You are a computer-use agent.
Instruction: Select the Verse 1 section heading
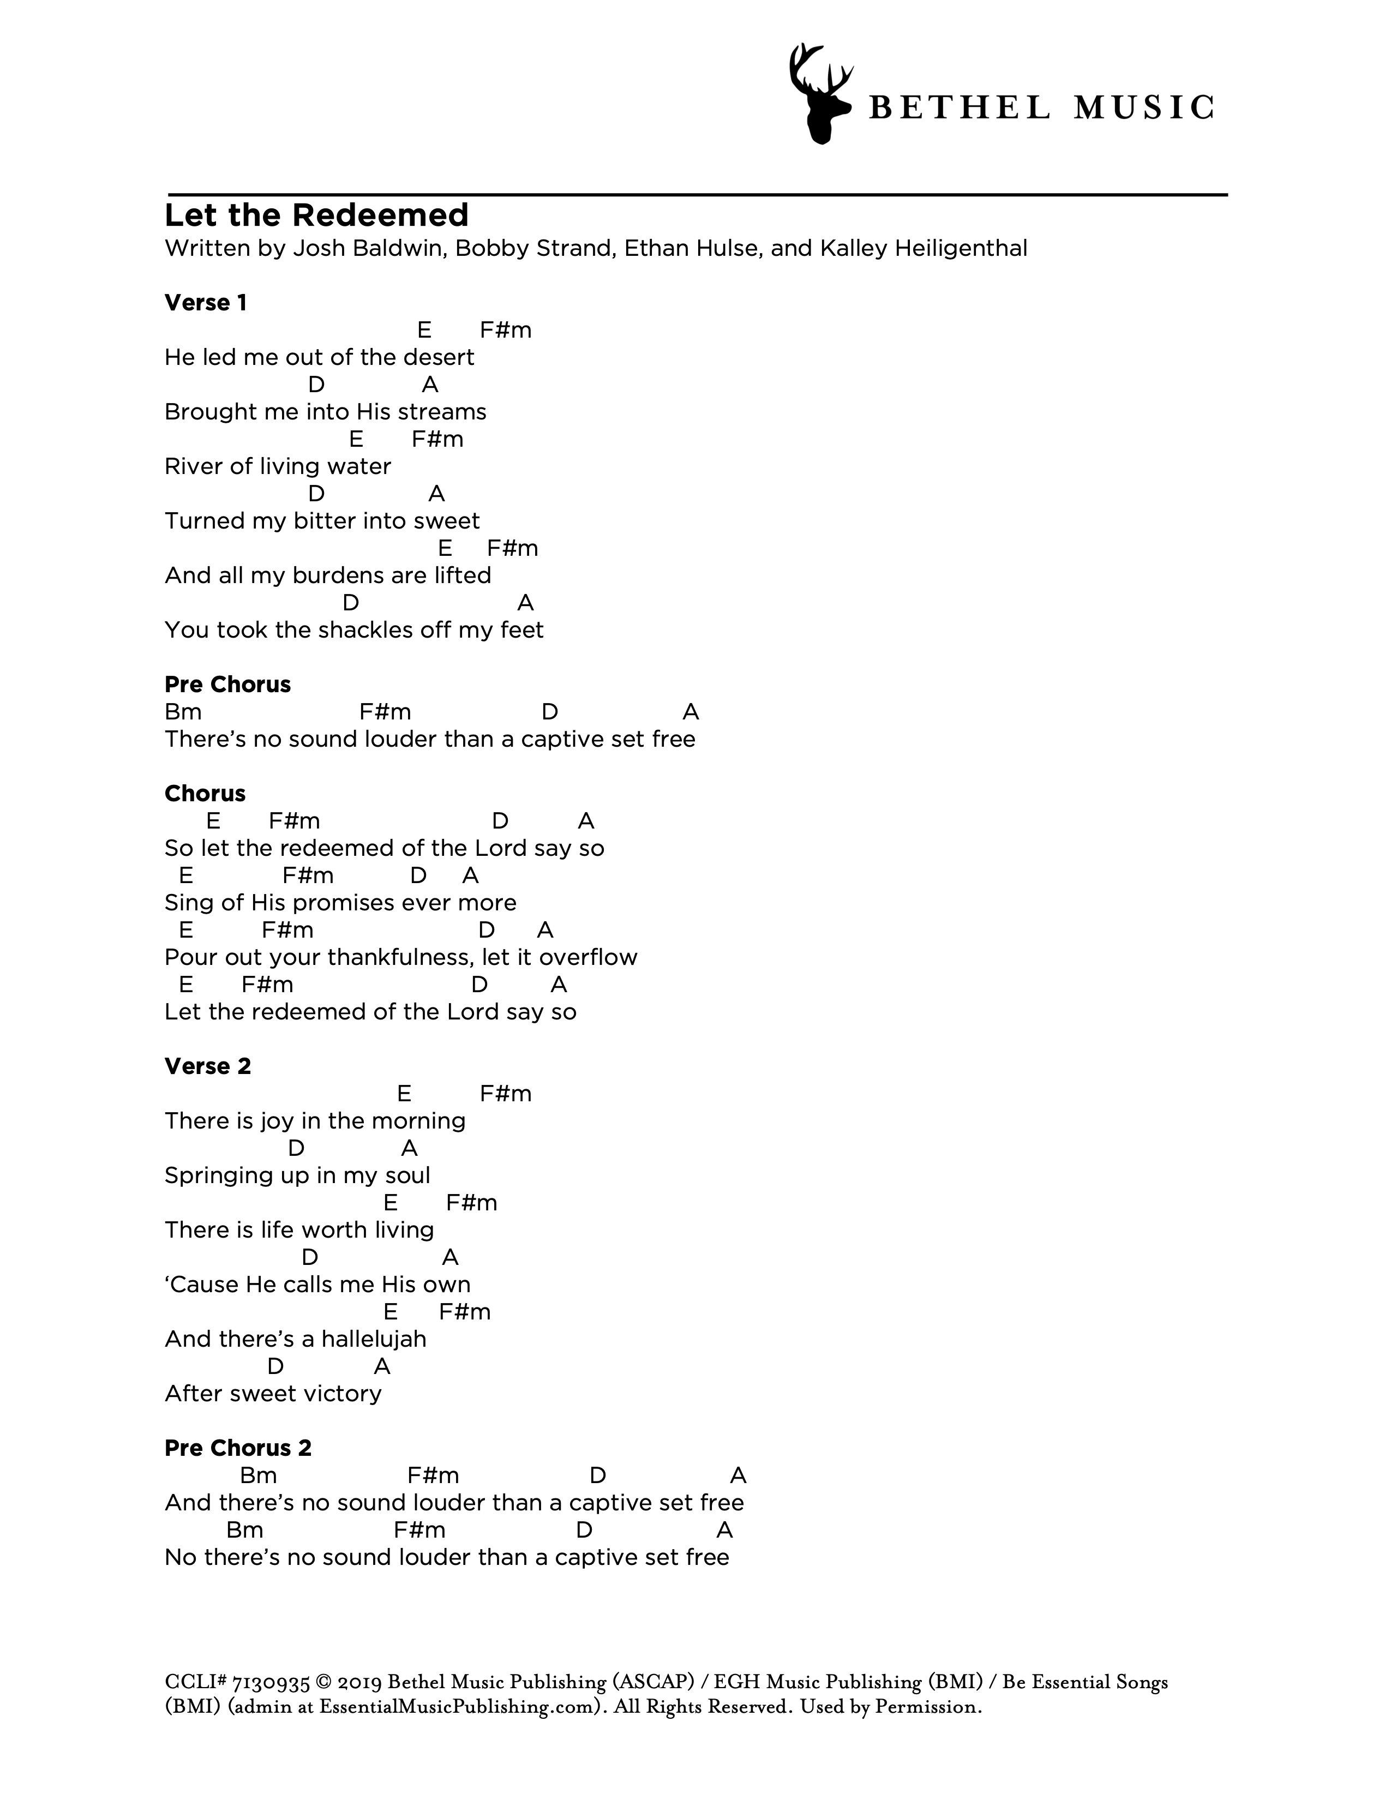(x=205, y=303)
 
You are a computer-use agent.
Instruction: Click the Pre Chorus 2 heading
(x=238, y=1448)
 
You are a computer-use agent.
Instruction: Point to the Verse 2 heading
(x=208, y=1066)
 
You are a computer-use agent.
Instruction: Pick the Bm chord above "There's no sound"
(x=183, y=712)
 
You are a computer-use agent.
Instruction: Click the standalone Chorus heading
(x=205, y=794)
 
